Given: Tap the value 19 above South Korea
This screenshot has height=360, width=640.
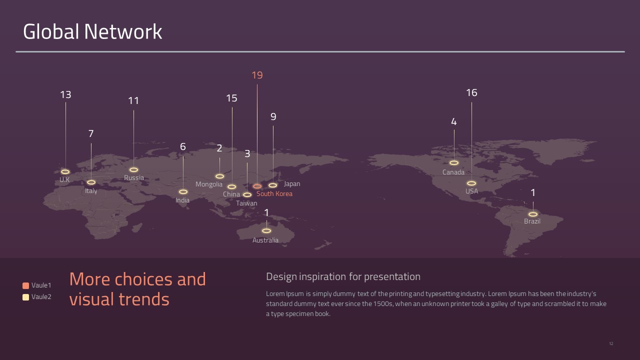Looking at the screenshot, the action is pyautogui.click(x=257, y=75).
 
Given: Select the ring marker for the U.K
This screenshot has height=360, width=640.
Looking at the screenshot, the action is pyautogui.click(x=61, y=171).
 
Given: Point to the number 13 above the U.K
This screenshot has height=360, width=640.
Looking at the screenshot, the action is pyautogui.click(x=65, y=94).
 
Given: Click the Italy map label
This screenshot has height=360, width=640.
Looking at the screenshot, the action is pyautogui.click(x=91, y=191).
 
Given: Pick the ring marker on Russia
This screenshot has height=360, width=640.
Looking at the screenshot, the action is pyautogui.click(x=129, y=169).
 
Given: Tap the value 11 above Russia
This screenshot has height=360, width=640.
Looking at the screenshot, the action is pyautogui.click(x=133, y=100).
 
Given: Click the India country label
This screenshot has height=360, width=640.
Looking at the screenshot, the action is pyautogui.click(x=182, y=200).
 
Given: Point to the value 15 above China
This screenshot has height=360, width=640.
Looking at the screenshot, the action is pyautogui.click(x=231, y=98).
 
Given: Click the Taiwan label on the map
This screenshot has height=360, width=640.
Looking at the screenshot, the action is pyautogui.click(x=246, y=203).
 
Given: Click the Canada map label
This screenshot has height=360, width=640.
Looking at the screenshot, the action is pyautogui.click(x=453, y=172).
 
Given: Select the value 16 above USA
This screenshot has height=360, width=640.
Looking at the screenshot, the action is pyautogui.click(x=471, y=92).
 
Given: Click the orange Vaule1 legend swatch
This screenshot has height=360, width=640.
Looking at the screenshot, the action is pyautogui.click(x=25, y=285).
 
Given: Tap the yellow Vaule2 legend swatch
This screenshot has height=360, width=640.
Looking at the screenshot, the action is pyautogui.click(x=25, y=297).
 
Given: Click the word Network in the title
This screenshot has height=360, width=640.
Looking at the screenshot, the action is pyautogui.click(x=123, y=31).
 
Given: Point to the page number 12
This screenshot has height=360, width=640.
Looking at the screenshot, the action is pyautogui.click(x=611, y=343).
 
